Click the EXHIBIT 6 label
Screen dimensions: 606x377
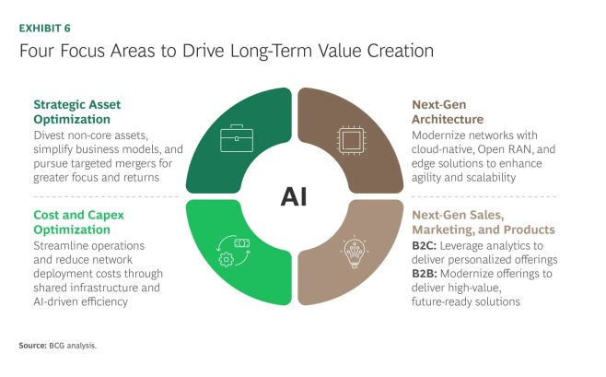coord(45,29)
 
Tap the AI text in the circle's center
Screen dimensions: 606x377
coord(294,196)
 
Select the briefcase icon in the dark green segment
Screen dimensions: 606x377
coord(237,138)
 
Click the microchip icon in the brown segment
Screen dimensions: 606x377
coord(351,139)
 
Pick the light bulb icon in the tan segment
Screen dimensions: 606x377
coord(355,253)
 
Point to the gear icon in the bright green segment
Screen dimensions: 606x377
coord(226,259)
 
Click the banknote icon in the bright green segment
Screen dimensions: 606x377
coord(242,242)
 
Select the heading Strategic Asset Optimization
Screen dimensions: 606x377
coord(77,112)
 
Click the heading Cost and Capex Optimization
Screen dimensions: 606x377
coord(79,222)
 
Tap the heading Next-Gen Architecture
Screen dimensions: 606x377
coord(448,112)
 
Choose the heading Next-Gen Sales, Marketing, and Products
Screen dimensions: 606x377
coord(484,222)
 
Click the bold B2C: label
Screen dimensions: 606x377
coord(425,246)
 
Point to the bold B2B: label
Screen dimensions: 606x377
coord(425,274)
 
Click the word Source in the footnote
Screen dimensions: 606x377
coord(32,346)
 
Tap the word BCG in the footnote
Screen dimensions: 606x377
coord(57,346)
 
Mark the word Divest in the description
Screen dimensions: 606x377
coord(49,135)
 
